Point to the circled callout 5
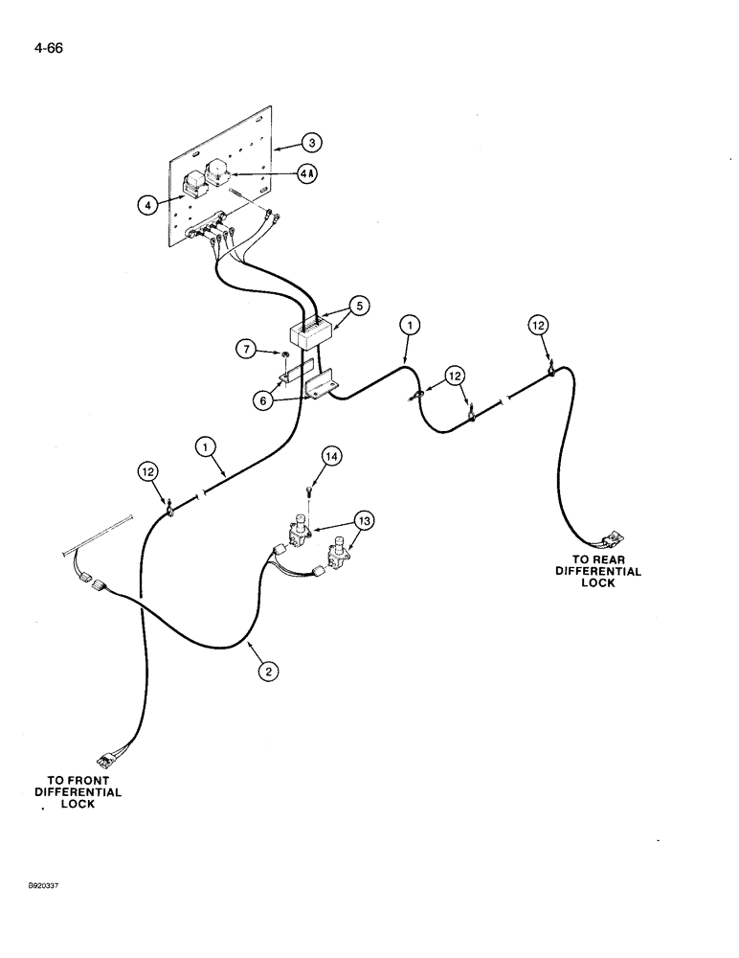click(x=357, y=308)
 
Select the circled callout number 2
click(x=270, y=673)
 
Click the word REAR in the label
click(x=616, y=559)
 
